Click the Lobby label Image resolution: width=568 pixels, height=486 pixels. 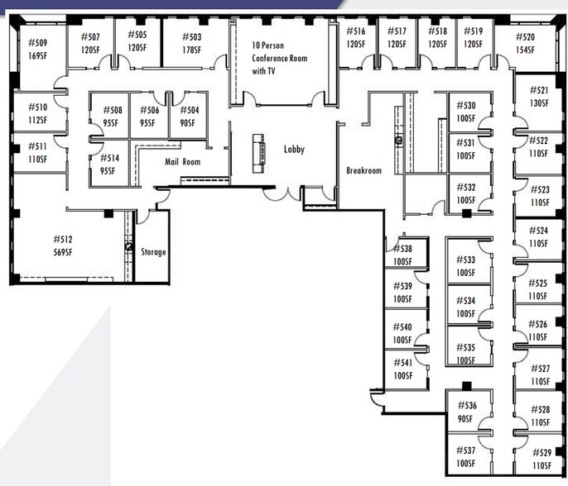(x=294, y=149)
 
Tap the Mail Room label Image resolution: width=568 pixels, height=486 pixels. (x=182, y=162)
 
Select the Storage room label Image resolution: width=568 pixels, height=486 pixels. (x=153, y=252)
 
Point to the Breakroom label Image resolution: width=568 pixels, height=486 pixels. (x=363, y=170)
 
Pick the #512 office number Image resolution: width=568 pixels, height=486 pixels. (x=63, y=239)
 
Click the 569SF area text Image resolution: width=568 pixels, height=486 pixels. (x=63, y=252)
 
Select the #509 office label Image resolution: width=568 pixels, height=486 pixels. (x=38, y=43)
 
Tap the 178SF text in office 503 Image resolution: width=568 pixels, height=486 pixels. (x=191, y=50)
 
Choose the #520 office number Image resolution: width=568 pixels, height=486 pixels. (x=525, y=37)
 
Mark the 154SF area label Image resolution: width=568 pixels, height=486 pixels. (x=525, y=50)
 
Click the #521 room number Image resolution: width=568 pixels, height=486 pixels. (x=539, y=90)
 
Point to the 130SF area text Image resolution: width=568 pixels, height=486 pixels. (x=539, y=103)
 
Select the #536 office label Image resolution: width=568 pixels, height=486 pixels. (x=467, y=405)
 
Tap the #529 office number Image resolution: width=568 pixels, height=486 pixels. (x=542, y=452)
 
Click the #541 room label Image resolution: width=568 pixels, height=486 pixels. (x=402, y=362)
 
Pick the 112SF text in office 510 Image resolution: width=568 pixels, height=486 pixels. (x=38, y=120)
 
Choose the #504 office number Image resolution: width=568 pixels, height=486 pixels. (x=190, y=110)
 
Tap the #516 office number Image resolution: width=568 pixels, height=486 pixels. (x=356, y=31)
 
